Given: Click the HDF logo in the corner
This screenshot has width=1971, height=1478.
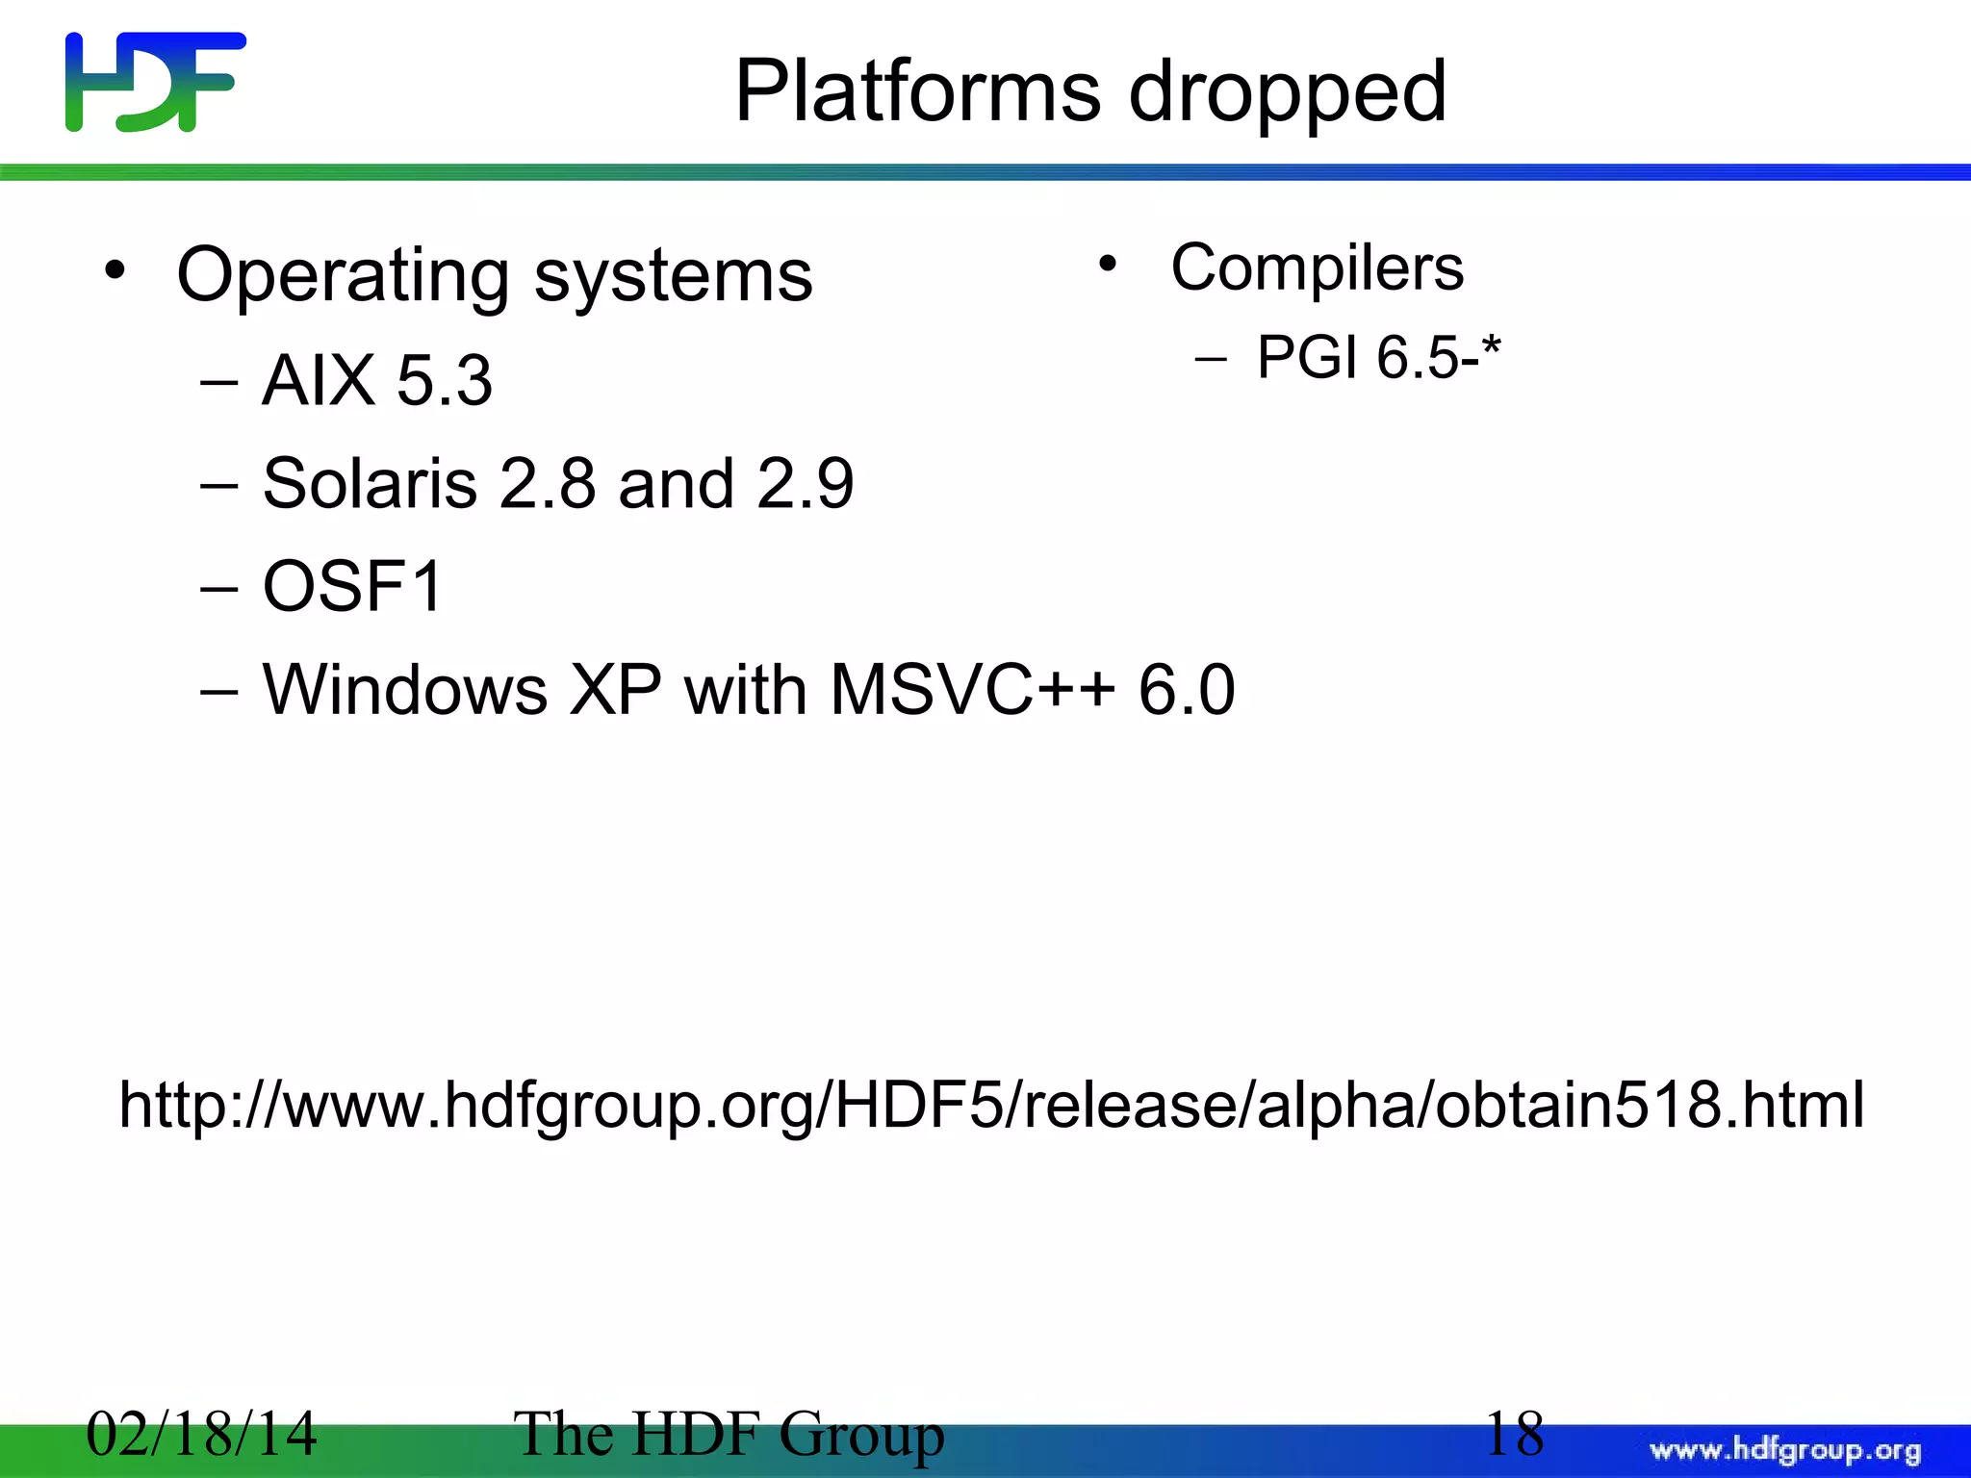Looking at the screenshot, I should (155, 82).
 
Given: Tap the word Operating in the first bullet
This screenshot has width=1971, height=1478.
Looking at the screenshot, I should (343, 277).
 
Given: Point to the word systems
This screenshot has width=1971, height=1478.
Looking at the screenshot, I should (673, 277).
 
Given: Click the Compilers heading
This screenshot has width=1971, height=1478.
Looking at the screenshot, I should (1317, 268).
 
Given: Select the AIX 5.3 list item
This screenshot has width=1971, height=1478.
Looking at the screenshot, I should (376, 380).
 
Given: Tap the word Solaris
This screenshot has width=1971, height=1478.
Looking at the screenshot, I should (370, 483).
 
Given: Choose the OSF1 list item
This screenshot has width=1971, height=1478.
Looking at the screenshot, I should (352, 586).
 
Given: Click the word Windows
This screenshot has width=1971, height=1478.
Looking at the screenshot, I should (405, 690).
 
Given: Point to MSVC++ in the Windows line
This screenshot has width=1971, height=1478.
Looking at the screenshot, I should (972, 690).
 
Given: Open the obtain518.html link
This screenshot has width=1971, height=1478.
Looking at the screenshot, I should (991, 1105).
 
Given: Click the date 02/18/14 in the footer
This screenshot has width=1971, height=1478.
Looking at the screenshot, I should (201, 1434).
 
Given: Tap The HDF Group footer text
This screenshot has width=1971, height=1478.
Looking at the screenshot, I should (729, 1434).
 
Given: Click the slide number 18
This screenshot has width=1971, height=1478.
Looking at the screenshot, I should (1514, 1433).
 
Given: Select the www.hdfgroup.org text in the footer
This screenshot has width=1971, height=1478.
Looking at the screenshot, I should (1785, 1450).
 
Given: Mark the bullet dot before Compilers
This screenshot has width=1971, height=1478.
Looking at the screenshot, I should (1108, 264).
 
